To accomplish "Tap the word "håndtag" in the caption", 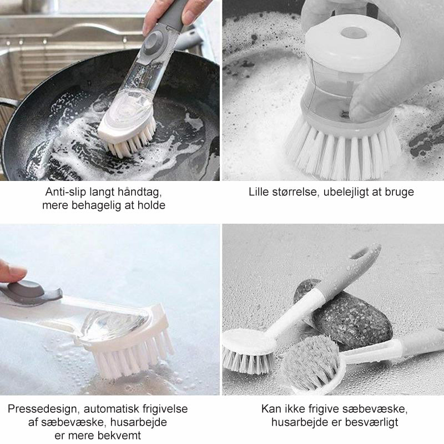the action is [139, 193].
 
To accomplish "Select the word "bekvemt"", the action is [119, 435].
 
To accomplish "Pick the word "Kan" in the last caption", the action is [270, 409].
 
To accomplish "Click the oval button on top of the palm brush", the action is [354, 33].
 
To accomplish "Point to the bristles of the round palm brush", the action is [344, 153].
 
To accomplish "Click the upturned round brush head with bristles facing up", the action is [311, 363].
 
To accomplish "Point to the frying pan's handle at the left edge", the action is [8, 105].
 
